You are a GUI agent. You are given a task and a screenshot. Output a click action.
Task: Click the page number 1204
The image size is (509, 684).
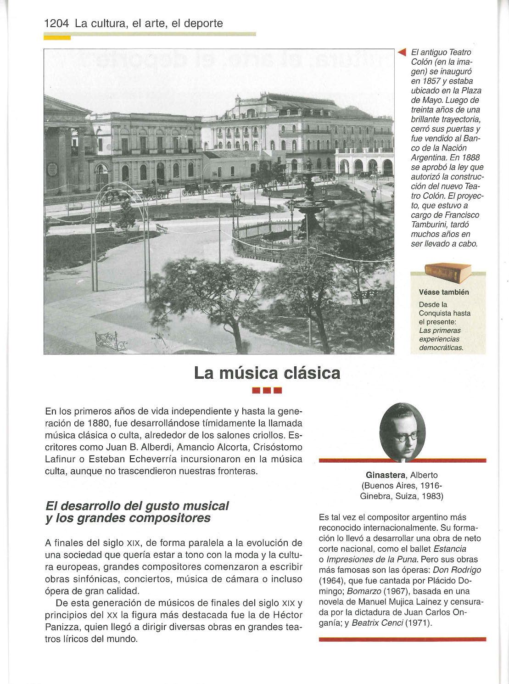pyautogui.click(x=56, y=23)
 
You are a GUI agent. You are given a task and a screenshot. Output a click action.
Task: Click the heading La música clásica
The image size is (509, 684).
pyautogui.click(x=267, y=373)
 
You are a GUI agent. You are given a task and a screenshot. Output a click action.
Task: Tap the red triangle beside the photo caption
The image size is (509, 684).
pyautogui.click(x=403, y=52)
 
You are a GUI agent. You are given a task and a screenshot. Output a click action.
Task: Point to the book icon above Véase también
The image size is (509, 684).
pyautogui.click(x=447, y=273)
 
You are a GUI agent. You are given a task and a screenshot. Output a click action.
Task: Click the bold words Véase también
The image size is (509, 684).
pyautogui.click(x=444, y=292)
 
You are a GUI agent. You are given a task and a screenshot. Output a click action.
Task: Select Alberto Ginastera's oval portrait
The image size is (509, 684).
pyautogui.click(x=402, y=432)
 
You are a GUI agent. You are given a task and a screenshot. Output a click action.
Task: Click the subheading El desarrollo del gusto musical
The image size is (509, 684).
pyautogui.click(x=137, y=506)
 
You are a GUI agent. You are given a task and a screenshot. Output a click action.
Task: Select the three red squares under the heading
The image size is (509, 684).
pyautogui.click(x=267, y=391)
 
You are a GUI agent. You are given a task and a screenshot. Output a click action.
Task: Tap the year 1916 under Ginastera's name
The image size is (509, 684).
pyautogui.click(x=433, y=486)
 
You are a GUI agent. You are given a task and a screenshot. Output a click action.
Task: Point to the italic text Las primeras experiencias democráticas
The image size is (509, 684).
pyautogui.click(x=441, y=339)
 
